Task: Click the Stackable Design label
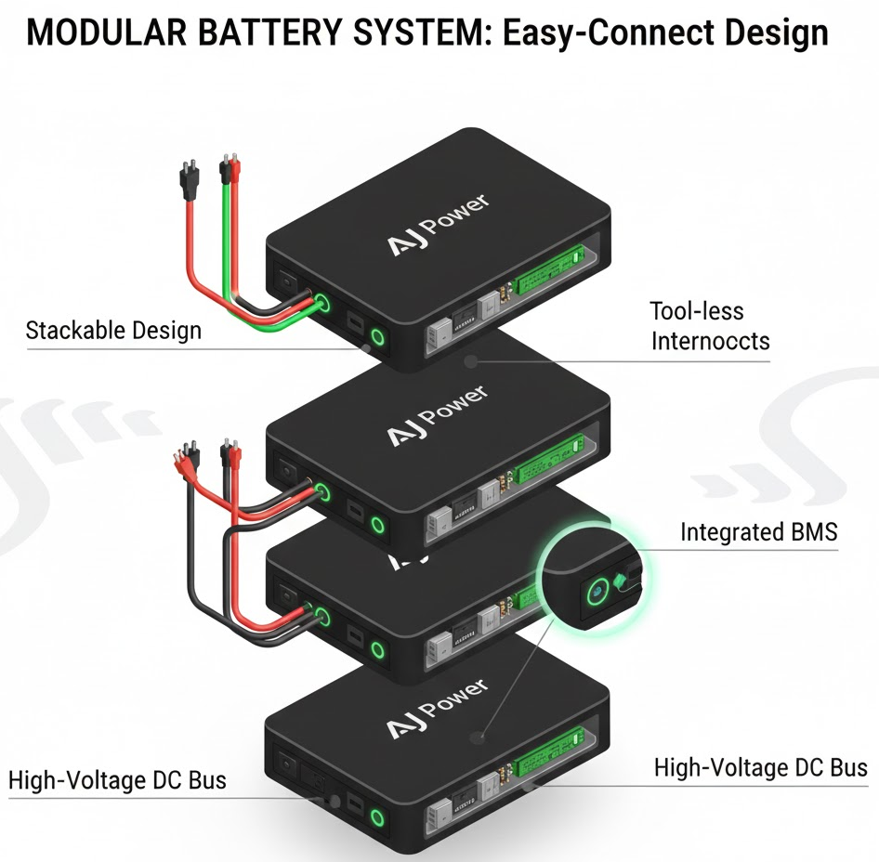click(x=113, y=330)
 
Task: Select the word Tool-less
click(x=697, y=311)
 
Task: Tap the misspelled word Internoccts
click(x=710, y=341)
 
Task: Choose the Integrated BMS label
click(x=759, y=532)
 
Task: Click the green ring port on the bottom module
click(x=377, y=818)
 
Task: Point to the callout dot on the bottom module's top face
click(x=479, y=738)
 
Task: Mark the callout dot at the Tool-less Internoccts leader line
click(x=471, y=360)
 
